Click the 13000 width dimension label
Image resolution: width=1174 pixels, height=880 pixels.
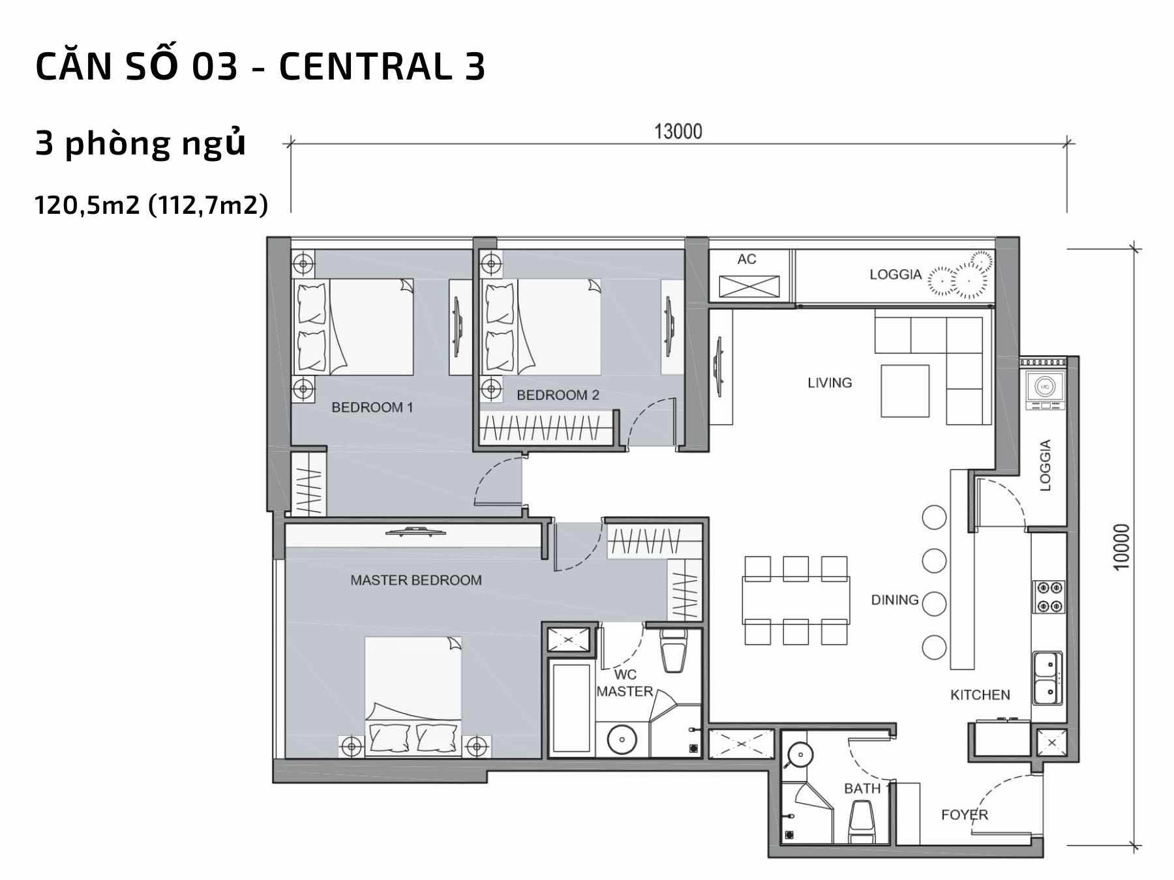tap(678, 132)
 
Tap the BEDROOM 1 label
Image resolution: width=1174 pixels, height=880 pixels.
tap(372, 407)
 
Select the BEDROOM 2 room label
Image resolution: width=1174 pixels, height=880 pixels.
tap(558, 395)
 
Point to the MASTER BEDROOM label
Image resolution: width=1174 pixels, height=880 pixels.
tap(416, 580)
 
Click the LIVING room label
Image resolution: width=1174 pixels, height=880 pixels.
tap(830, 383)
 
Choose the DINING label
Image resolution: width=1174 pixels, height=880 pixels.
tap(895, 600)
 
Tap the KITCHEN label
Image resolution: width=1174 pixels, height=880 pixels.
tap(980, 695)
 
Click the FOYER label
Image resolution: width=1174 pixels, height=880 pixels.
tap(965, 815)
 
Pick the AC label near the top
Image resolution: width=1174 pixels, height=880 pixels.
tap(747, 259)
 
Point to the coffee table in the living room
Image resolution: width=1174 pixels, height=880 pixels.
tap(905, 390)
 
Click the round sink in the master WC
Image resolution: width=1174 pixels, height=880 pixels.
tap(622, 740)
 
